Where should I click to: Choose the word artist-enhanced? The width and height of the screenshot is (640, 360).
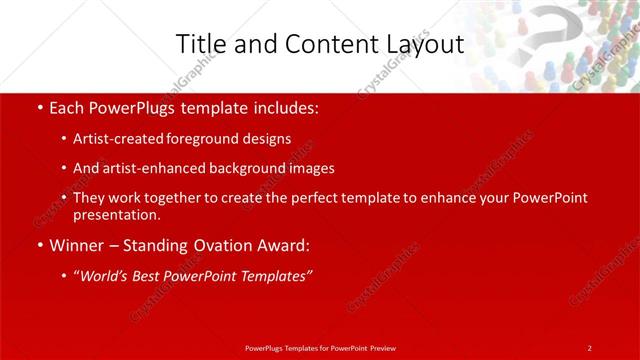pyautogui.click(x=153, y=168)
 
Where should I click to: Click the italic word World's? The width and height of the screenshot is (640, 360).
pyautogui.click(x=105, y=275)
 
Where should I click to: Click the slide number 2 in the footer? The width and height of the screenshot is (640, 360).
pyautogui.click(x=590, y=347)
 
